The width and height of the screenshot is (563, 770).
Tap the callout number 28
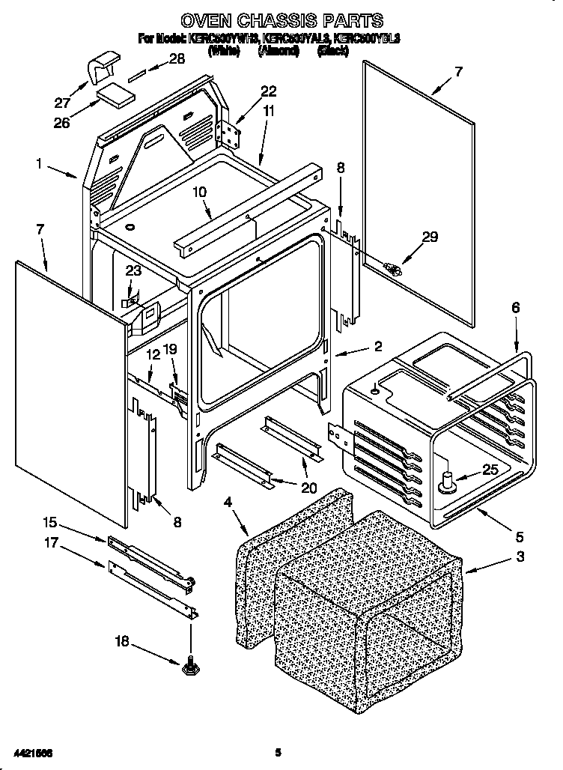[177, 60]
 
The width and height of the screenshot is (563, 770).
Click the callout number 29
[430, 238]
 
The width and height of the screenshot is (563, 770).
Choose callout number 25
[489, 470]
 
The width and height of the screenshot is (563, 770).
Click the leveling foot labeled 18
[189, 664]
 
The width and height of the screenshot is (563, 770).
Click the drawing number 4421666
[33, 751]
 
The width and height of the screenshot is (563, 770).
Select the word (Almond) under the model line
[279, 51]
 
